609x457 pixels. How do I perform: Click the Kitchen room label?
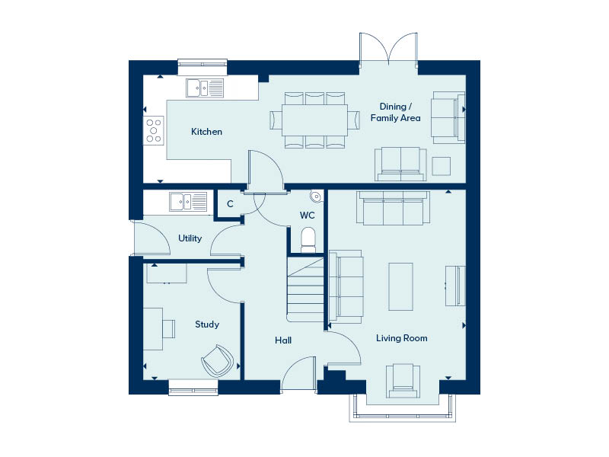pyautogui.click(x=206, y=132)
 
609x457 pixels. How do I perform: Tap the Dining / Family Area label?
pyautogui.click(x=395, y=112)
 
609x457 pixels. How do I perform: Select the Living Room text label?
pyautogui.click(x=402, y=338)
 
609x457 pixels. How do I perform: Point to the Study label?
pyautogui.click(x=207, y=324)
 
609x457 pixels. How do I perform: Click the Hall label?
pyautogui.click(x=283, y=340)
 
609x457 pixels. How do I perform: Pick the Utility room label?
pyautogui.click(x=190, y=238)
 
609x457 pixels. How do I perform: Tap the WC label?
pyautogui.click(x=308, y=216)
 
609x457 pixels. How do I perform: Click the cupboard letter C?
pyautogui.click(x=231, y=204)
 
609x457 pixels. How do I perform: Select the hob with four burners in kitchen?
pyautogui.click(x=154, y=130)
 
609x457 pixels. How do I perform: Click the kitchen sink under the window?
pyautogui.click(x=205, y=88)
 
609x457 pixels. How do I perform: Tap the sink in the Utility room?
pyautogui.click(x=188, y=202)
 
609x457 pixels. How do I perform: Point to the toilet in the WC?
pyautogui.click(x=308, y=240)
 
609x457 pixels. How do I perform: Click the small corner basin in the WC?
pyautogui.click(x=317, y=197)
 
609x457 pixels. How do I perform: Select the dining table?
pyautogui.click(x=314, y=120)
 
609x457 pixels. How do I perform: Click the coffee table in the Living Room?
pyautogui.click(x=401, y=287)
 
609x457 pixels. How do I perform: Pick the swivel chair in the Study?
pyautogui.click(x=218, y=361)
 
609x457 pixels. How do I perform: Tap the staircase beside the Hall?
pyautogui.click(x=305, y=289)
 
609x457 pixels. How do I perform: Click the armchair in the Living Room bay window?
pyautogui.click(x=403, y=381)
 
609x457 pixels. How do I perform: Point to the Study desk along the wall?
pyautogui.click(x=153, y=329)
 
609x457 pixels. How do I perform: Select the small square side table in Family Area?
pyautogui.click(x=442, y=166)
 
